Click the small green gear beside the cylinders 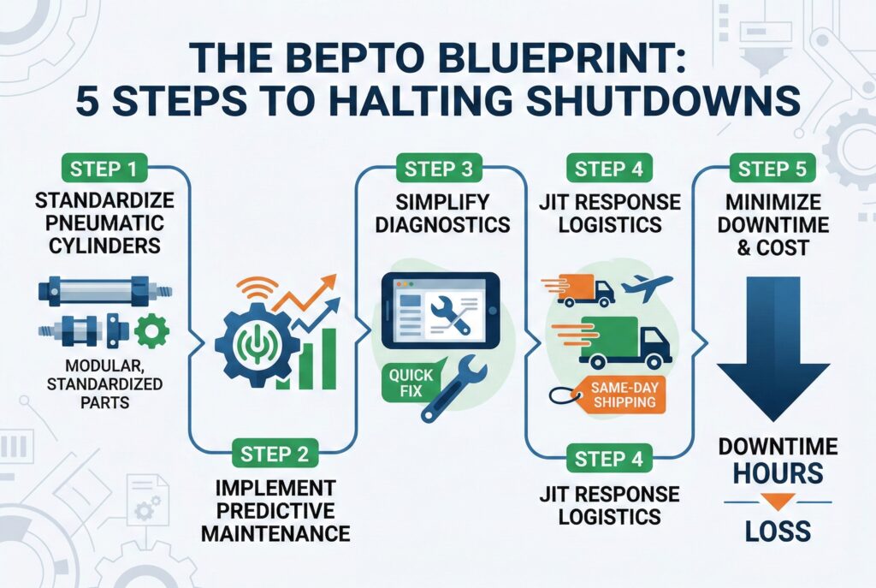click(x=152, y=330)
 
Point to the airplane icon click(x=648, y=288)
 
